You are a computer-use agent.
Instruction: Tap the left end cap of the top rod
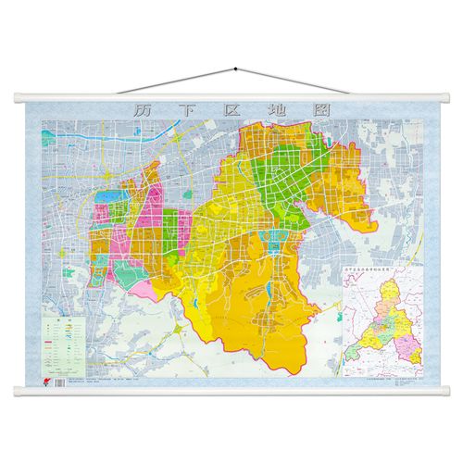[x=20, y=94]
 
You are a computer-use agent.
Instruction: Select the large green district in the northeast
[x=294, y=181]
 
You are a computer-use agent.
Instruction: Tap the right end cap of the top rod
[x=444, y=94]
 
